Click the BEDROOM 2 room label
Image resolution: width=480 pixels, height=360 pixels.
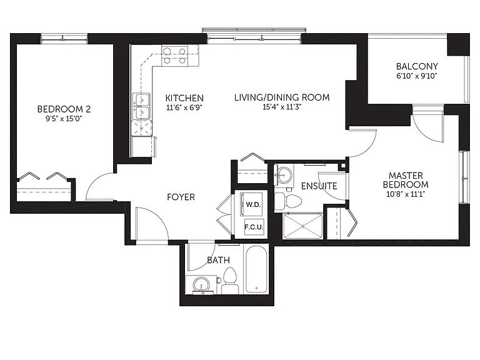coord(64,109)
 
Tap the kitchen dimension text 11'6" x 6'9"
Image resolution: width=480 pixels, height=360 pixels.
coord(184,107)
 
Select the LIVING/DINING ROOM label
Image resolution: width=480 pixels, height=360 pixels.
coord(282,97)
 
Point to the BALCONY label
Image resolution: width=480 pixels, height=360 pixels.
coord(417,66)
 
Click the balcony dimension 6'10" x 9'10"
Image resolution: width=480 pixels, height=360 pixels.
coord(417,76)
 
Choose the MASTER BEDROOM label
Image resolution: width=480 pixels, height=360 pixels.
coord(406,180)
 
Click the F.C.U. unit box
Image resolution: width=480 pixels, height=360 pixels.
coord(254,227)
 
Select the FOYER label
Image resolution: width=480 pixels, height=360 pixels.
coord(181,197)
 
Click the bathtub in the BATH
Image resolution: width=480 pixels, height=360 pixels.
coord(256,269)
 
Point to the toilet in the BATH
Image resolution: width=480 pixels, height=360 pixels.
coord(230,281)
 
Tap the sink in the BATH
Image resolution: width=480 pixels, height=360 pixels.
coord(201,285)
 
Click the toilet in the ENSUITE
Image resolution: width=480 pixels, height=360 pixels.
coord(287,201)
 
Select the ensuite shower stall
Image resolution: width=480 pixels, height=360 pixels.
coord(302,226)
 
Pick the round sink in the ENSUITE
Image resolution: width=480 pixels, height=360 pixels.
coord(285,175)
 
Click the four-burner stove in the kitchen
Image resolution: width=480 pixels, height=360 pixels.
coord(175,56)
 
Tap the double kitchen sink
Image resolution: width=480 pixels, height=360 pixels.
coord(141,106)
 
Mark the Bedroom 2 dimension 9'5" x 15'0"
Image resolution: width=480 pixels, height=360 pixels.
coord(64,119)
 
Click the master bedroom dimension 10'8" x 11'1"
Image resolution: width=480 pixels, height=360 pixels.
coord(406,194)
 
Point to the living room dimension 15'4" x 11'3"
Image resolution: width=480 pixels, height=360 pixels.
coord(282,107)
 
